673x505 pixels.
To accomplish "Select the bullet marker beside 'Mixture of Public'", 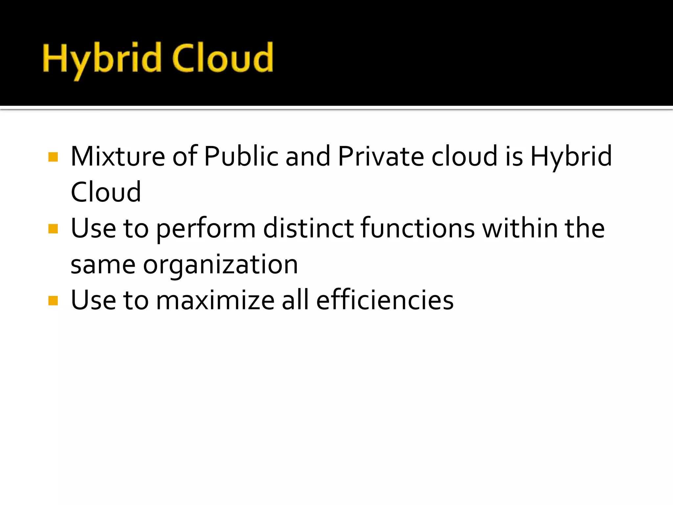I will click(53, 157).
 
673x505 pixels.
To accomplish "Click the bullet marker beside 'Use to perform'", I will click(53, 228).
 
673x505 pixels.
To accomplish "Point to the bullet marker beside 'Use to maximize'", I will click(53, 301).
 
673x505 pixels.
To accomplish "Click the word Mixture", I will click(118, 156).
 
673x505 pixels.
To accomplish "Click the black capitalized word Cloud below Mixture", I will click(106, 192).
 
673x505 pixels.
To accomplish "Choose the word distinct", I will click(308, 228).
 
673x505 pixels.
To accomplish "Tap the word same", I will click(103, 265).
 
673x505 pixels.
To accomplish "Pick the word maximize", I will click(215, 300).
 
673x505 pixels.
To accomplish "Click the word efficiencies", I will click(385, 300).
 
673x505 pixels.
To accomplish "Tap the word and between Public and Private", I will click(308, 156).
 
